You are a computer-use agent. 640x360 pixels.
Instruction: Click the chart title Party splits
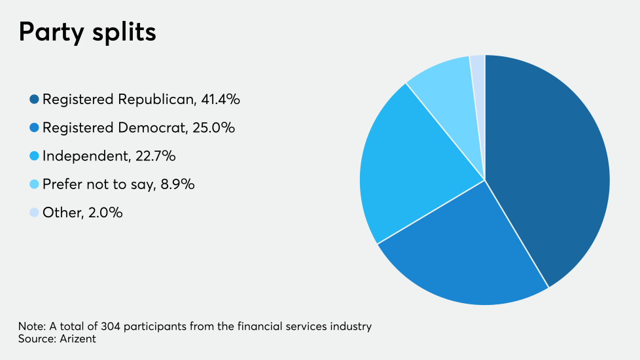87,31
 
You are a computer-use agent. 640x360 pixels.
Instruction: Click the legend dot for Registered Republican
34,99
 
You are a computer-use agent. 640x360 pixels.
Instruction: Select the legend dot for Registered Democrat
34,128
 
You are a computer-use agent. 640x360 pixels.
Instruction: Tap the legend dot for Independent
34,156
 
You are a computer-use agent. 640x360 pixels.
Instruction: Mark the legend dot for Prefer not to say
34,185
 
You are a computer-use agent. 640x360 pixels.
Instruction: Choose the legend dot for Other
34,213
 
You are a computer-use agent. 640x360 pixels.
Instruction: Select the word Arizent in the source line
78,338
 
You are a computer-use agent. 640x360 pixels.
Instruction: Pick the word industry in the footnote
353,326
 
